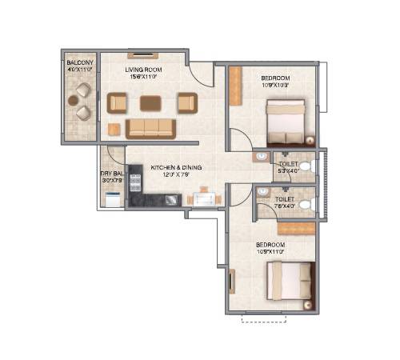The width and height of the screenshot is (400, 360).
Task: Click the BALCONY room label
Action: (x=79, y=62)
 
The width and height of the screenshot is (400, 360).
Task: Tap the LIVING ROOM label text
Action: (x=143, y=70)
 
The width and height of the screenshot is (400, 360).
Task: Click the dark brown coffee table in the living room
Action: (x=150, y=102)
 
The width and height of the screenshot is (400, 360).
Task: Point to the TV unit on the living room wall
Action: (x=143, y=56)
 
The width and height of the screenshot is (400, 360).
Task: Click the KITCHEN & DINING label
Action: (x=176, y=167)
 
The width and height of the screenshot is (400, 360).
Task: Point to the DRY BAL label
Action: (x=110, y=173)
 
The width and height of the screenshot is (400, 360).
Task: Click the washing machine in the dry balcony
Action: (x=112, y=199)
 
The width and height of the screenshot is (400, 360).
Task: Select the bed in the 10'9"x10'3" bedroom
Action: (x=283, y=117)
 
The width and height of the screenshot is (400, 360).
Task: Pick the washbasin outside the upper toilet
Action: (x=262, y=157)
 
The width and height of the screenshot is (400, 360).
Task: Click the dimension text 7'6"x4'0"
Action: (x=284, y=206)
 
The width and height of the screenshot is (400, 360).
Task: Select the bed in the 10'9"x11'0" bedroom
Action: (x=290, y=283)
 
